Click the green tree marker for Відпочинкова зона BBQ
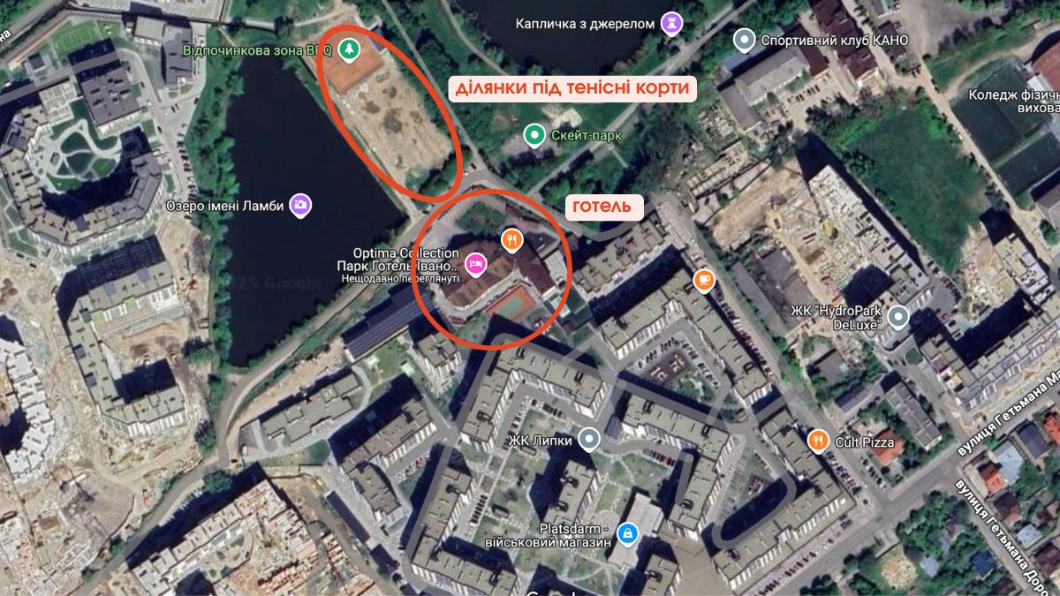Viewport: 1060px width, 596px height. tap(351, 49)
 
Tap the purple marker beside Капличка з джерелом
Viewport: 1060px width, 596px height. tap(671, 23)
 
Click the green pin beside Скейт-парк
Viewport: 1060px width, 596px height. tap(534, 135)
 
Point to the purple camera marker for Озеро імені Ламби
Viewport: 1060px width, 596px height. tap(301, 205)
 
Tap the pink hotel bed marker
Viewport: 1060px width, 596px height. tap(476, 263)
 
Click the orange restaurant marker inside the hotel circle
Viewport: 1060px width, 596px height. tap(511, 239)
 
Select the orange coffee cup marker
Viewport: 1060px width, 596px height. tap(703, 281)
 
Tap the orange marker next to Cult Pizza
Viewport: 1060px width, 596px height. tap(819, 441)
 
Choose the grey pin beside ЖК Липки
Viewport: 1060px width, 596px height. tap(589, 439)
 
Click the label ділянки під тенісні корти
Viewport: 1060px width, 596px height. tap(572, 88)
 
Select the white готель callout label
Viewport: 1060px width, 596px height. tap(603, 207)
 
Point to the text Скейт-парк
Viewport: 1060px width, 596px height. tap(586, 136)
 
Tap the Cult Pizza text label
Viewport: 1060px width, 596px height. tap(865, 441)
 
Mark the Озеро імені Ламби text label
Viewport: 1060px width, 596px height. tap(224, 206)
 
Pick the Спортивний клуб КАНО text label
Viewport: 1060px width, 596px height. tap(821, 41)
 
